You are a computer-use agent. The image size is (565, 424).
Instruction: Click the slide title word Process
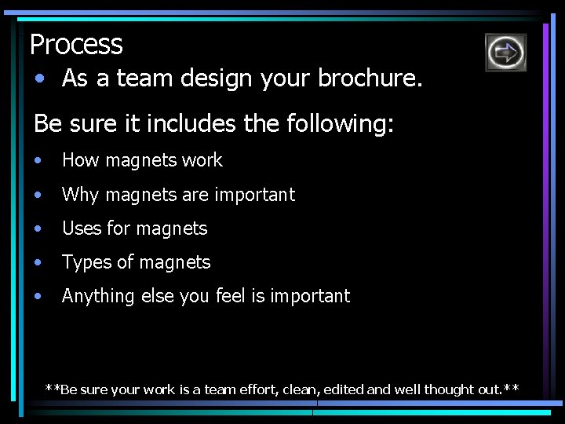pyautogui.click(x=76, y=45)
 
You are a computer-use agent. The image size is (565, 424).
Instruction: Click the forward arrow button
pyautogui.click(x=505, y=53)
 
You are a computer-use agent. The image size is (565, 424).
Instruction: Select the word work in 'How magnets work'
pyautogui.click(x=202, y=160)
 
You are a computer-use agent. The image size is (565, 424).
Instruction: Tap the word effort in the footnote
pyautogui.click(x=272, y=389)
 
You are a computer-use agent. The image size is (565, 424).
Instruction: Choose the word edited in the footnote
pyautogui.click(x=344, y=389)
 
